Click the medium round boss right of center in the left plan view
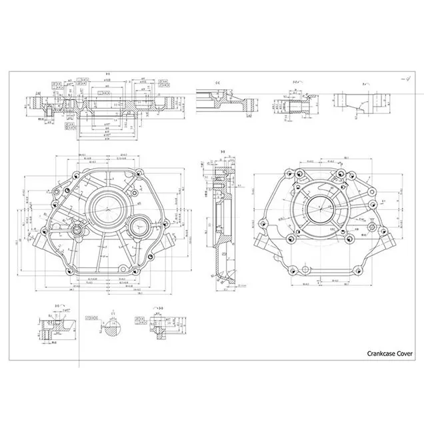pos(140,227)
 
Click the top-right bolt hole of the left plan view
pos(141,175)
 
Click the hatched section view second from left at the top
pos(233,103)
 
